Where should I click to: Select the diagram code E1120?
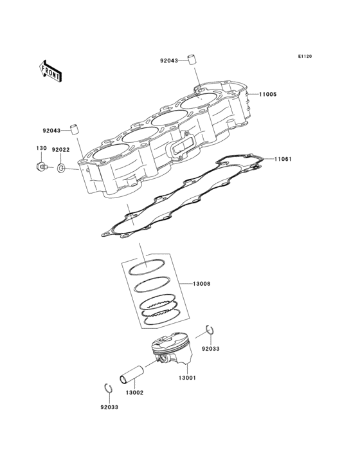click(304, 57)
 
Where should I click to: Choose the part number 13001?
click(187, 378)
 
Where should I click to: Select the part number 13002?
click(134, 392)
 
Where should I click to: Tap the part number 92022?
click(60, 149)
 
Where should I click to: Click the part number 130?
click(40, 149)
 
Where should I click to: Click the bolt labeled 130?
click(41, 168)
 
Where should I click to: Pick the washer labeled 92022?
click(60, 169)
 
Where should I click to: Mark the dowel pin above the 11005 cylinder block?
click(190, 60)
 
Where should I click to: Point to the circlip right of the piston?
click(209, 331)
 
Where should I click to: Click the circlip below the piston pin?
click(108, 388)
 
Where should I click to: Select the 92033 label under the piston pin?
click(109, 407)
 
